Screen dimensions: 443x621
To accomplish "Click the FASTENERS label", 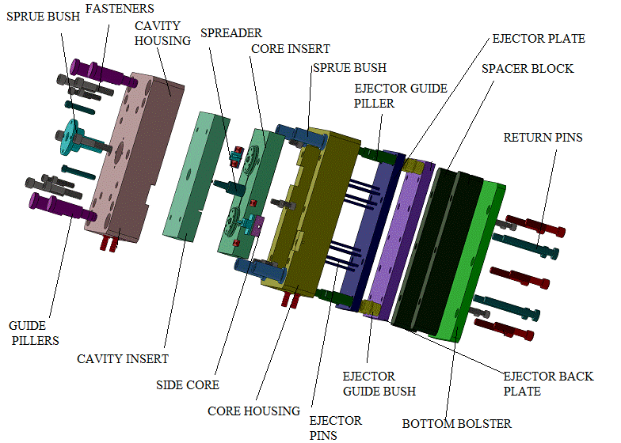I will click(x=119, y=9).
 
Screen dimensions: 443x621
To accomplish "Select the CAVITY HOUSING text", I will click(x=162, y=32).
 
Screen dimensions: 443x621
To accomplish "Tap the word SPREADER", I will click(x=230, y=33).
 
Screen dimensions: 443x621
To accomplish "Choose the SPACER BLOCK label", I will click(x=528, y=69).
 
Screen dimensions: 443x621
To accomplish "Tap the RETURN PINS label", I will click(x=543, y=138).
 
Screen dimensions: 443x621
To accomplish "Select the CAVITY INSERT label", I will click(x=123, y=359).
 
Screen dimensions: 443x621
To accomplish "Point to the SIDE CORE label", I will click(x=188, y=385).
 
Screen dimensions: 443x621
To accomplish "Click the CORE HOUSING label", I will click(x=253, y=411).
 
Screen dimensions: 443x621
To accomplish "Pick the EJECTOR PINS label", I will click(x=336, y=427).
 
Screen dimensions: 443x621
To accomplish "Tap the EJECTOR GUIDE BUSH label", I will click(x=379, y=384).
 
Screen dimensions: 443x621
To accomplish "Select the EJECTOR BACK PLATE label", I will click(x=548, y=384).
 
